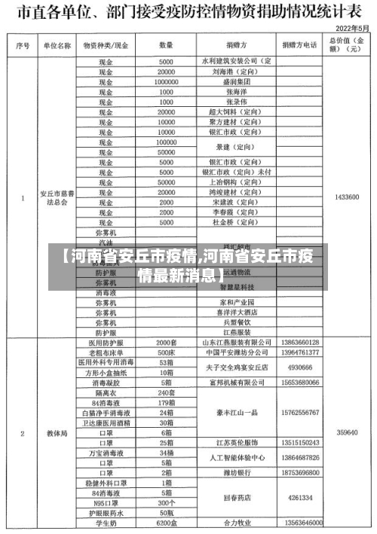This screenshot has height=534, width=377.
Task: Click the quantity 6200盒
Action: click(x=166, y=523)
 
